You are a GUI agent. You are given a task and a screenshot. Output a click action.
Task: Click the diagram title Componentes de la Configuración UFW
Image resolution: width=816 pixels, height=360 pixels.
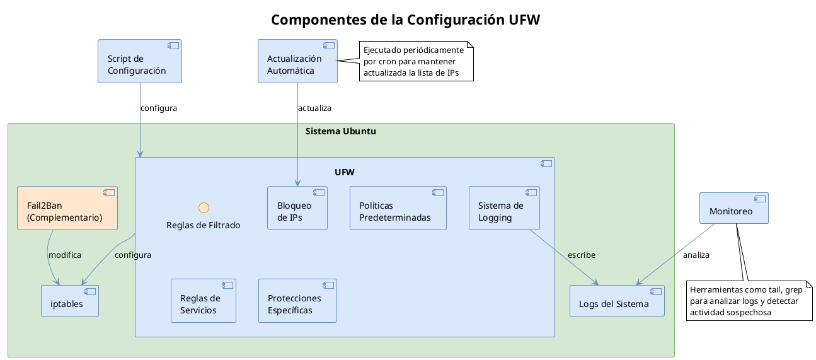405,20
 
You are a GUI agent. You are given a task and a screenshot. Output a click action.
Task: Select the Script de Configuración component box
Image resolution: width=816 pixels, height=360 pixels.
139,61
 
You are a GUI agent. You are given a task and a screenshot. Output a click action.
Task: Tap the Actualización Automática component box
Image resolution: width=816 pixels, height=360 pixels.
297,61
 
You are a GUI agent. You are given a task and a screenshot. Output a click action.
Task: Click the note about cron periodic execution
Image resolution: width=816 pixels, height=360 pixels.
416,61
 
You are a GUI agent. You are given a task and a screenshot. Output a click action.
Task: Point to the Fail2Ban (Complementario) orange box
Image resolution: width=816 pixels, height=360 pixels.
67,207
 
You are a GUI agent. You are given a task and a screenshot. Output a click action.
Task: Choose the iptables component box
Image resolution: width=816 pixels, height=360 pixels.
70,301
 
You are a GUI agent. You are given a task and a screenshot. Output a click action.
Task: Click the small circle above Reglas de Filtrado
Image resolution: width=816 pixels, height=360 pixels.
204,207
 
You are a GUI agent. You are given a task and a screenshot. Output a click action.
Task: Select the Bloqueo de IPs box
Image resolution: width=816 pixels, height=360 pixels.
297,208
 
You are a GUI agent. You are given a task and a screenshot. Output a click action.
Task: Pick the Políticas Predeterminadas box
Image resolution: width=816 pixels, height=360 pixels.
398,208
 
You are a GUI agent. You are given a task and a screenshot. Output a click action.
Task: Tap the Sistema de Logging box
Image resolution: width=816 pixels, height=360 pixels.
504,208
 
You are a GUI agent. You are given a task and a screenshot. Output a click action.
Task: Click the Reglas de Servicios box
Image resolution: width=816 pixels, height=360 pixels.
203,301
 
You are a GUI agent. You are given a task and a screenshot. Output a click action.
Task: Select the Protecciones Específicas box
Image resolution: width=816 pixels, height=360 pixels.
297,301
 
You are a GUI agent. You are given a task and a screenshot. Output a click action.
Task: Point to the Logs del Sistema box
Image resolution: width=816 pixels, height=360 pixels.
617,301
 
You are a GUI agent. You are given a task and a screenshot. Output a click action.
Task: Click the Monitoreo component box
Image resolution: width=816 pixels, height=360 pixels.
734,208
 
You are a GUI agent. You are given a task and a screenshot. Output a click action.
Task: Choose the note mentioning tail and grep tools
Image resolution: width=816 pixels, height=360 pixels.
749,301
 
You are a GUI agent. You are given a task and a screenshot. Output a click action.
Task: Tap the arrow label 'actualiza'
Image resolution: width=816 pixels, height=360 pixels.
314,108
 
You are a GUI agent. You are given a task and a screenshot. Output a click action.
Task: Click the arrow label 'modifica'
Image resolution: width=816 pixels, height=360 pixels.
65,255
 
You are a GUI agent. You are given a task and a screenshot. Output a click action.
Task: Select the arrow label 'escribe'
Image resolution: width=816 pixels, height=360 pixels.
581,255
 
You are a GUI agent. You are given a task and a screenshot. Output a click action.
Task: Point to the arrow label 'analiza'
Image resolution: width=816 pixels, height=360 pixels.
696,255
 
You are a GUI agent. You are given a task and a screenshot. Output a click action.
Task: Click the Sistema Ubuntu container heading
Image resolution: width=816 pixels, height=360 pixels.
341,131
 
